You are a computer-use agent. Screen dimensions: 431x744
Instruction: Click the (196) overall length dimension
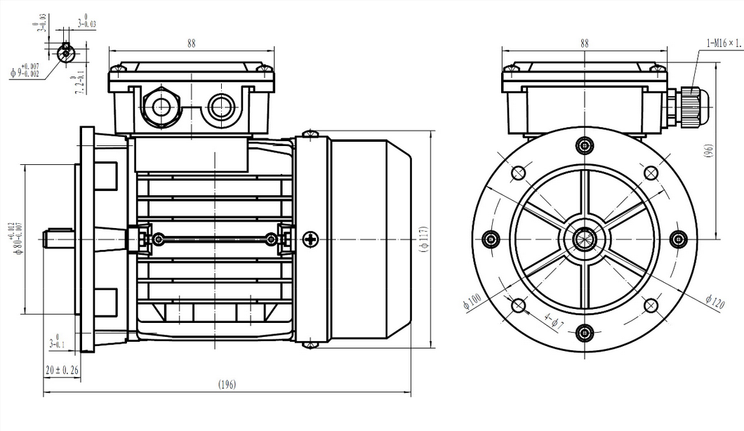click(x=226, y=385)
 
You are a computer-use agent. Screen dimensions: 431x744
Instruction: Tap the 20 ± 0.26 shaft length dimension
click(x=61, y=369)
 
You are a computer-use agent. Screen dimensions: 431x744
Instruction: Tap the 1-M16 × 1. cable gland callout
click(x=724, y=44)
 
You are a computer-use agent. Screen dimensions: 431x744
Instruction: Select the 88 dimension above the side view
click(x=191, y=43)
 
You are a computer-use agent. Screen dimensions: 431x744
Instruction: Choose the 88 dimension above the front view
click(x=585, y=43)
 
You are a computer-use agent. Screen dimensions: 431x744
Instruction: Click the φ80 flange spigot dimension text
click(x=16, y=239)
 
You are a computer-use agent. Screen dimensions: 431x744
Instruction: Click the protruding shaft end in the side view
click(x=59, y=239)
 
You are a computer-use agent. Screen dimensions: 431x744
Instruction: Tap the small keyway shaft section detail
click(x=65, y=50)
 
